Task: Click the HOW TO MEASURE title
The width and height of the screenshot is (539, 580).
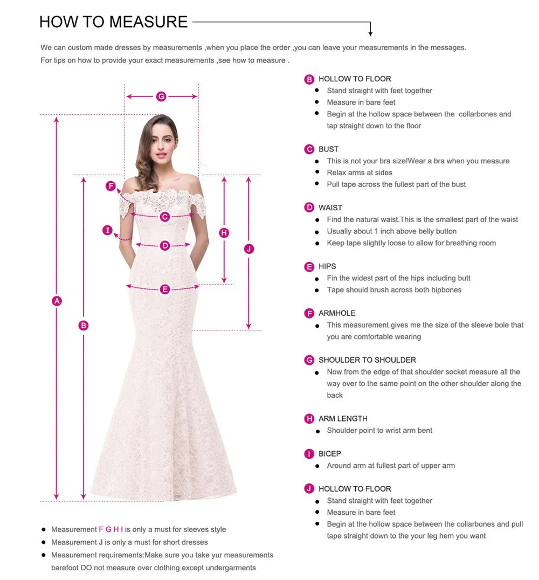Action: click(x=113, y=22)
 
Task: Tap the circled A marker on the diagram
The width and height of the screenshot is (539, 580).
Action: click(x=57, y=301)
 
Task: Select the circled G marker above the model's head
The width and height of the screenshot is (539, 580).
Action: click(x=161, y=96)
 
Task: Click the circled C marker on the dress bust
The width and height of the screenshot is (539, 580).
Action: click(x=165, y=217)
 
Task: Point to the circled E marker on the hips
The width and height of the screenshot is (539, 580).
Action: click(x=165, y=289)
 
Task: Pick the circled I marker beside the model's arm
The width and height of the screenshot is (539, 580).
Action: click(x=108, y=231)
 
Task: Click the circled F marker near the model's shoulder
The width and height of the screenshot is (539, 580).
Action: click(x=110, y=187)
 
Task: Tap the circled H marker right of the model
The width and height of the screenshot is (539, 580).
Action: click(x=224, y=233)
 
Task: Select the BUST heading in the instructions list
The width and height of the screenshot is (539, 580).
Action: click(x=328, y=149)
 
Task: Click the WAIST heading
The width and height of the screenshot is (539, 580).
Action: click(x=330, y=208)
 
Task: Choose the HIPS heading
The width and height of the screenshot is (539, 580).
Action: click(x=327, y=266)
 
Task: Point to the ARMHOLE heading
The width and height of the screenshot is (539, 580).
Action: click(x=337, y=313)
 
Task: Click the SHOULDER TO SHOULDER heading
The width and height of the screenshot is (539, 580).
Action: click(x=367, y=360)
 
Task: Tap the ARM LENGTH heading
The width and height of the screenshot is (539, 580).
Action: click(x=343, y=419)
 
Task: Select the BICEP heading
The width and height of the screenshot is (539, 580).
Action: click(x=329, y=454)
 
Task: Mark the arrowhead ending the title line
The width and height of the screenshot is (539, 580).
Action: click(x=370, y=33)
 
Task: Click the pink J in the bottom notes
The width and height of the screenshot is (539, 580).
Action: click(x=101, y=542)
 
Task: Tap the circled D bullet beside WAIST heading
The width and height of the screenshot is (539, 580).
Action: click(x=309, y=208)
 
